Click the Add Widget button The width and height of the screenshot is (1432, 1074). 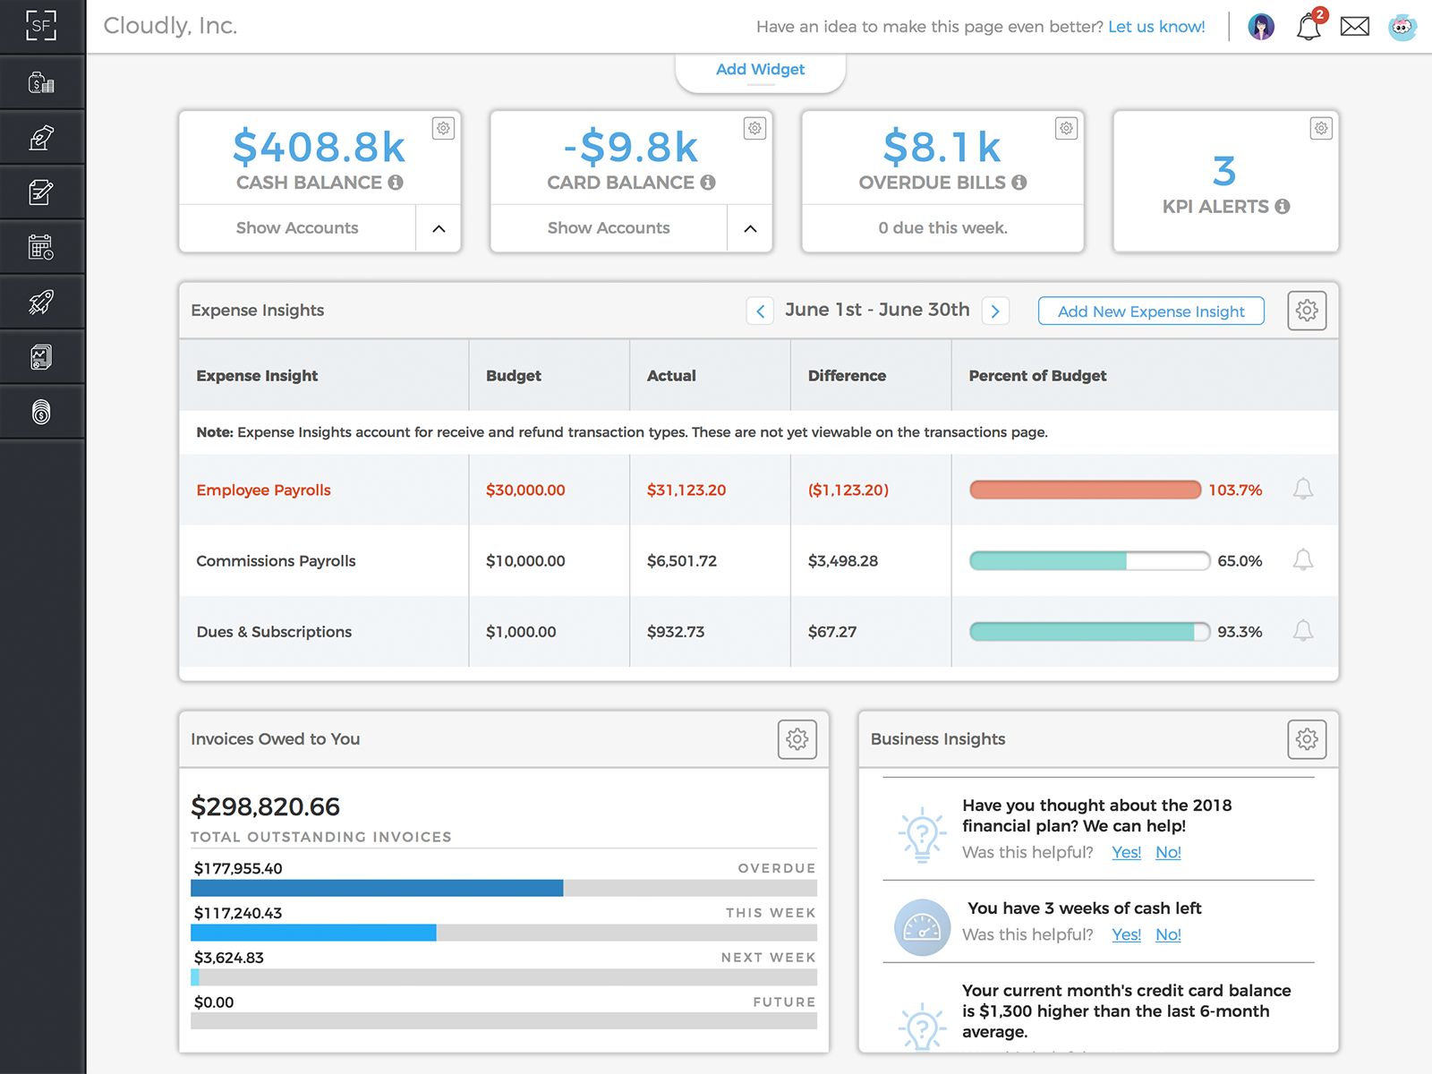(760, 70)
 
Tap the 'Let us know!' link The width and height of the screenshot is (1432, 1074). (1156, 27)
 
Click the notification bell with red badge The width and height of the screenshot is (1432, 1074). (1308, 27)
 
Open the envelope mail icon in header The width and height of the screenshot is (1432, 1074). (1354, 27)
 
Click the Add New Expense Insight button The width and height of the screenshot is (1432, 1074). (1151, 311)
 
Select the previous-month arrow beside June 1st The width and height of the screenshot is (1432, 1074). (760, 311)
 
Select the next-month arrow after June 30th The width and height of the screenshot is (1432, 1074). (995, 311)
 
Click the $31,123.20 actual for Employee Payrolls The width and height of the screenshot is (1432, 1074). (686, 490)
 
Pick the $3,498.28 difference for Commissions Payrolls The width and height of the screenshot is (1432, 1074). (843, 561)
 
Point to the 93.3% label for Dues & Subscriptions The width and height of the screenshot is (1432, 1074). (1240, 632)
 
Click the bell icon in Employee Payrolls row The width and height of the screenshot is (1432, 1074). (1303, 489)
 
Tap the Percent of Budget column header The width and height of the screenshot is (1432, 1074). (1037, 376)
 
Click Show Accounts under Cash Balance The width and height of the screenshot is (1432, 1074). (297, 228)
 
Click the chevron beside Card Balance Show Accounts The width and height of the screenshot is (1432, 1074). (750, 229)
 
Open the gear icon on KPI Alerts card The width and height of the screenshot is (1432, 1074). (1321, 128)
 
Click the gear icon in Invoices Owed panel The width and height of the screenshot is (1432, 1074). (797, 739)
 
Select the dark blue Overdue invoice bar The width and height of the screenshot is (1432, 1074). (377, 888)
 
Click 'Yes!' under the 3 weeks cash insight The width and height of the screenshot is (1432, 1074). (1126, 934)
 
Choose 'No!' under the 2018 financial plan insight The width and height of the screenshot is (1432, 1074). (1168, 852)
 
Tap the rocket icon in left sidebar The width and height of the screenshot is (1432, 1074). (41, 303)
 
